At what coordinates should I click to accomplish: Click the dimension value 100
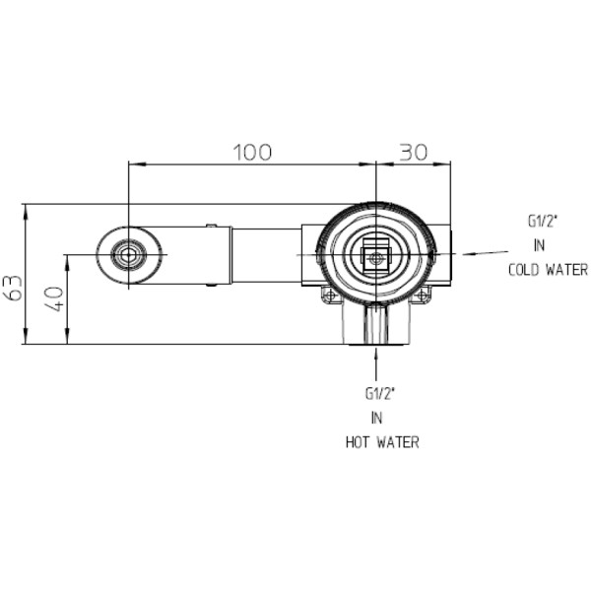[252, 153]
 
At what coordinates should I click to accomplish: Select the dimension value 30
[414, 153]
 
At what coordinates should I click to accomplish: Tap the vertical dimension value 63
[15, 289]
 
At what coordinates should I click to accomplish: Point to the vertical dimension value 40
[56, 298]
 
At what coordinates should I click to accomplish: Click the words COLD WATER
[548, 270]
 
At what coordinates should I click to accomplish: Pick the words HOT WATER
[382, 442]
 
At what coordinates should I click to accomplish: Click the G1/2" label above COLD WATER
[543, 222]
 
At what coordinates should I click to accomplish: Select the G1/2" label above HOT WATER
[379, 394]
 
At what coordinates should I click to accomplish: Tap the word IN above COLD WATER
[540, 245]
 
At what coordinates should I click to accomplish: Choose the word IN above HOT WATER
[376, 418]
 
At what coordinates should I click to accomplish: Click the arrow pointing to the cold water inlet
[486, 253]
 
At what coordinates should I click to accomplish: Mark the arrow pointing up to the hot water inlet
[376, 364]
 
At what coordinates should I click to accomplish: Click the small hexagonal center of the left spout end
[128, 255]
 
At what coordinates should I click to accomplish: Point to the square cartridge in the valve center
[376, 258]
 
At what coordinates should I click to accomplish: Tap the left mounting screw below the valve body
[331, 295]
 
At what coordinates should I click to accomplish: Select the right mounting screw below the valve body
[423, 295]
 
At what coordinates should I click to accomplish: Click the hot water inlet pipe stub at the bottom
[376, 324]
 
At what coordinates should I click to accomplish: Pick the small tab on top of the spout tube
[212, 226]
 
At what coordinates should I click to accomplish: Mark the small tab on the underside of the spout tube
[212, 285]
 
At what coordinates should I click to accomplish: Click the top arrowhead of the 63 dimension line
[26, 212]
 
